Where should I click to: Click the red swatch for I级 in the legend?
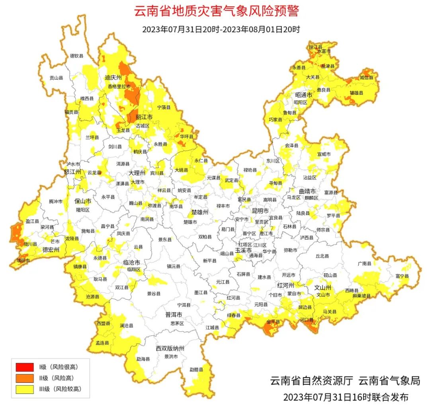coord(25,367)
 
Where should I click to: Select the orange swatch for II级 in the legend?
coord(25,378)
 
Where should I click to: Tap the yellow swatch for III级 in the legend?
coord(25,389)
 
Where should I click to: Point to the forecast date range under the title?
coord(221,29)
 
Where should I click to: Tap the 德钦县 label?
coord(77,56)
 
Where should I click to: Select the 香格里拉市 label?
coord(119,86)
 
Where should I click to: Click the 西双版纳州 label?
coord(170,349)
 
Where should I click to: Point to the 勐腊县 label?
coord(196,370)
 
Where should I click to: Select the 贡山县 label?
coord(56,78)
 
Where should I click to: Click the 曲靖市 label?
coord(307,191)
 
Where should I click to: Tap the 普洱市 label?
coord(174,314)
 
